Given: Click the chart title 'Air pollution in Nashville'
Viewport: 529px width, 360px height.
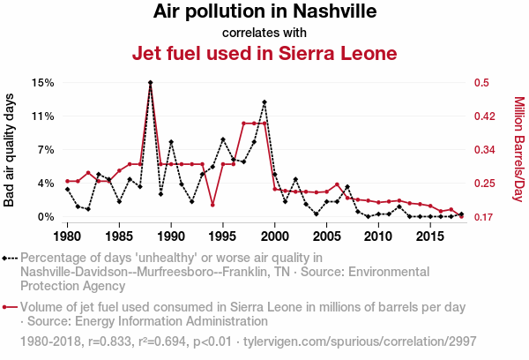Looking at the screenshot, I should click(x=264, y=12).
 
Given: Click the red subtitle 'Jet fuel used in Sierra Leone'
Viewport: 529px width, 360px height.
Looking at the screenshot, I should click(x=264, y=54).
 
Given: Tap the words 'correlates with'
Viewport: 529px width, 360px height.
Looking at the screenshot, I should click(x=264, y=34).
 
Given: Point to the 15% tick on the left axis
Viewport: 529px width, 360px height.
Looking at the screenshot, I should click(x=43, y=83).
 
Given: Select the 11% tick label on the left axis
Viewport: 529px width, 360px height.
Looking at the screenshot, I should click(x=43, y=116).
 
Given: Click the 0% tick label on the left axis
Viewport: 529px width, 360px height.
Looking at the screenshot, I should click(x=46, y=217).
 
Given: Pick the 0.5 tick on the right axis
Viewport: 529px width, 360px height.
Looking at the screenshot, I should click(x=481, y=83).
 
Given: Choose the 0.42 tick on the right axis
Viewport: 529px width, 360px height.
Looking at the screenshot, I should click(x=484, y=116).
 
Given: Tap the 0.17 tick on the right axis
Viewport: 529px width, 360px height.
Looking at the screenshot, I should click(x=484, y=217).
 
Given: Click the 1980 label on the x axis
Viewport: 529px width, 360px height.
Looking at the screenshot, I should click(x=68, y=236).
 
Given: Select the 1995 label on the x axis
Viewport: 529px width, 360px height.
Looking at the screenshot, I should click(x=223, y=236).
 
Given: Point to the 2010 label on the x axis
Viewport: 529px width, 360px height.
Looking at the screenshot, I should click(x=378, y=236).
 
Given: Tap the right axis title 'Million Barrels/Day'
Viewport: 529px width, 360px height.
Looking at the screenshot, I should click(x=518, y=149).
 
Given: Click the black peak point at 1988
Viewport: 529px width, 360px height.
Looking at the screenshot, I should click(x=151, y=83).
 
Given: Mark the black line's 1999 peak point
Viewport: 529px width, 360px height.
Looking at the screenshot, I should click(x=264, y=102).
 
